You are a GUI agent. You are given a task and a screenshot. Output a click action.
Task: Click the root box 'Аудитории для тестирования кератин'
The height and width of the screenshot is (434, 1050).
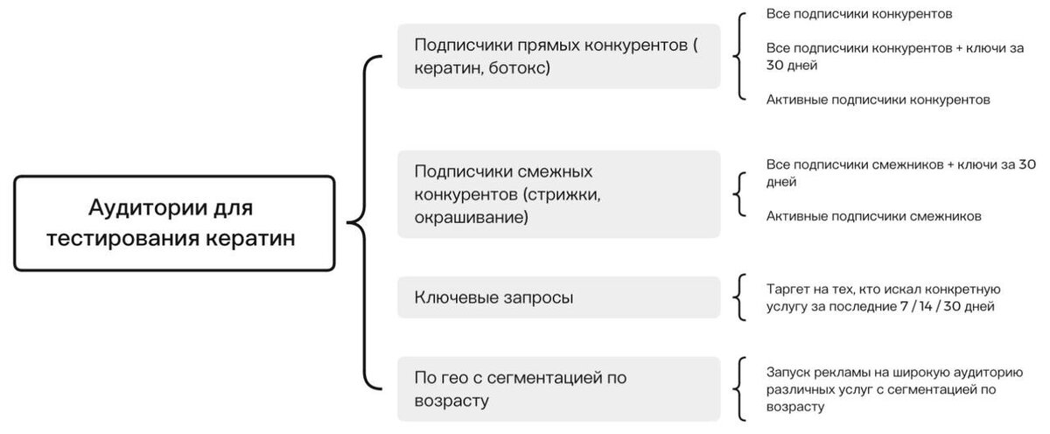click(x=175, y=223)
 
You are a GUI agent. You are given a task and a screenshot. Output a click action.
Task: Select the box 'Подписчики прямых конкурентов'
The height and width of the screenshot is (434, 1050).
click(x=558, y=56)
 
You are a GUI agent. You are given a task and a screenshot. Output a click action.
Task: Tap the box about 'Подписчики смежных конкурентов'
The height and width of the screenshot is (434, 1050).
click(x=558, y=193)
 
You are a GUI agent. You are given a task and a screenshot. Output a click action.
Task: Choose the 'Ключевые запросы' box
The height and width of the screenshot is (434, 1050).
click(x=558, y=297)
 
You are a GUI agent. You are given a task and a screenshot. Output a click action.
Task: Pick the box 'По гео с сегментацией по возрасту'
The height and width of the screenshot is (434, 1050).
click(x=558, y=388)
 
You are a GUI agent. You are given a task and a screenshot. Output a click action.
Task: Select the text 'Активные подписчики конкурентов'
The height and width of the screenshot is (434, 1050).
click(x=878, y=100)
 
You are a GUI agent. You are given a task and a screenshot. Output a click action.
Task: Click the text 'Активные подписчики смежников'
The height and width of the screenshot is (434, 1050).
click(x=873, y=215)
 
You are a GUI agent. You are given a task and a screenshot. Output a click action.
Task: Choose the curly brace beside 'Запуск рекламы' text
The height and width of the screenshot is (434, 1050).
click(x=741, y=388)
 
